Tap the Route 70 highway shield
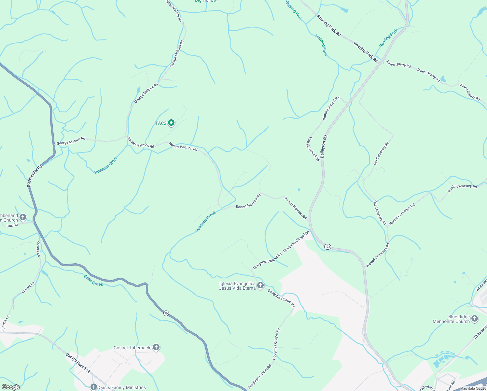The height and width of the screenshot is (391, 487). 166,313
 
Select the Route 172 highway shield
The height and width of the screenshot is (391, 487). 327,247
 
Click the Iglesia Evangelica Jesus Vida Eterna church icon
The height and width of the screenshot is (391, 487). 260,286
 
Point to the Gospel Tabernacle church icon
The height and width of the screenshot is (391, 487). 156,347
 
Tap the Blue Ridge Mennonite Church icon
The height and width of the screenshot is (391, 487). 474,319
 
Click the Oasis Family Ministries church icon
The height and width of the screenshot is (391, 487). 94,387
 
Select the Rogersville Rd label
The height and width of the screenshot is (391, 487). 35,176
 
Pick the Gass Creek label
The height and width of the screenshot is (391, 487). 93,281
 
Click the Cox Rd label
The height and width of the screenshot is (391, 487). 12,225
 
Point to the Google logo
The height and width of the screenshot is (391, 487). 11,387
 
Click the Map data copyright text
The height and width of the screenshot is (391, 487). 473,388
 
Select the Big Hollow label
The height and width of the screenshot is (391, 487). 206,1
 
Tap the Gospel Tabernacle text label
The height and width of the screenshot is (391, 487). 132,348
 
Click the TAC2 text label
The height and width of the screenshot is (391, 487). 161,123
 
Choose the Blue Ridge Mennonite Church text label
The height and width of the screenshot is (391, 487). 451,319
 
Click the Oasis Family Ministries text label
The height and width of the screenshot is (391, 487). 122,387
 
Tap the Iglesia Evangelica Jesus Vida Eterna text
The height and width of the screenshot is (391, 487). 237,286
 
